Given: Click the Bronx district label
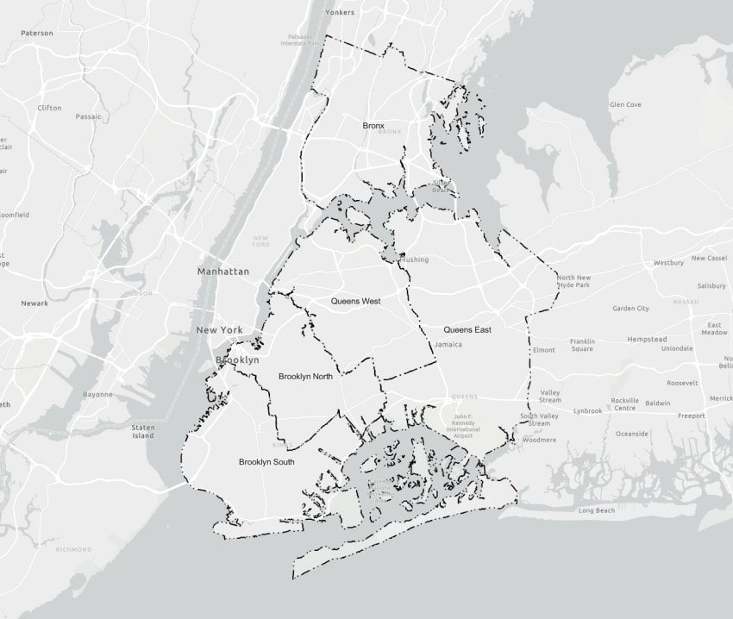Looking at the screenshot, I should (x=373, y=126).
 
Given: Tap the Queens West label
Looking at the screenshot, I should (x=355, y=302).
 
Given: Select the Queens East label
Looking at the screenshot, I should (x=467, y=330).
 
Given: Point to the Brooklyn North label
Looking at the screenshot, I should (x=305, y=377).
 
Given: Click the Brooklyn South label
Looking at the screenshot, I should (x=266, y=462).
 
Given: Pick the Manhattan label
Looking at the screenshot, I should (x=222, y=272).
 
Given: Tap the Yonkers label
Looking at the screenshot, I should (x=339, y=13).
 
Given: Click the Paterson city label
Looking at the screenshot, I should (x=37, y=34).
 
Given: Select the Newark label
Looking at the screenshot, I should (x=34, y=303).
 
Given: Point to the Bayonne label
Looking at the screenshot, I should (x=97, y=395).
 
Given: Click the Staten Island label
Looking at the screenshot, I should (x=143, y=431).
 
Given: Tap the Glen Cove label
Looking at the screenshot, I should (x=625, y=105).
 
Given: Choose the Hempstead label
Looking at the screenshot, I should (x=647, y=340).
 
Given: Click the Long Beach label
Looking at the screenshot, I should (x=597, y=510).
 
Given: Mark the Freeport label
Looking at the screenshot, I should (x=691, y=416).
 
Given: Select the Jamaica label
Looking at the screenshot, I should (x=448, y=345).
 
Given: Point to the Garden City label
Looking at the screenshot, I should (x=630, y=309).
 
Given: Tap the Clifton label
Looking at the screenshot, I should (x=49, y=108).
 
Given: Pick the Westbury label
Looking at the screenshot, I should (x=668, y=263).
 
